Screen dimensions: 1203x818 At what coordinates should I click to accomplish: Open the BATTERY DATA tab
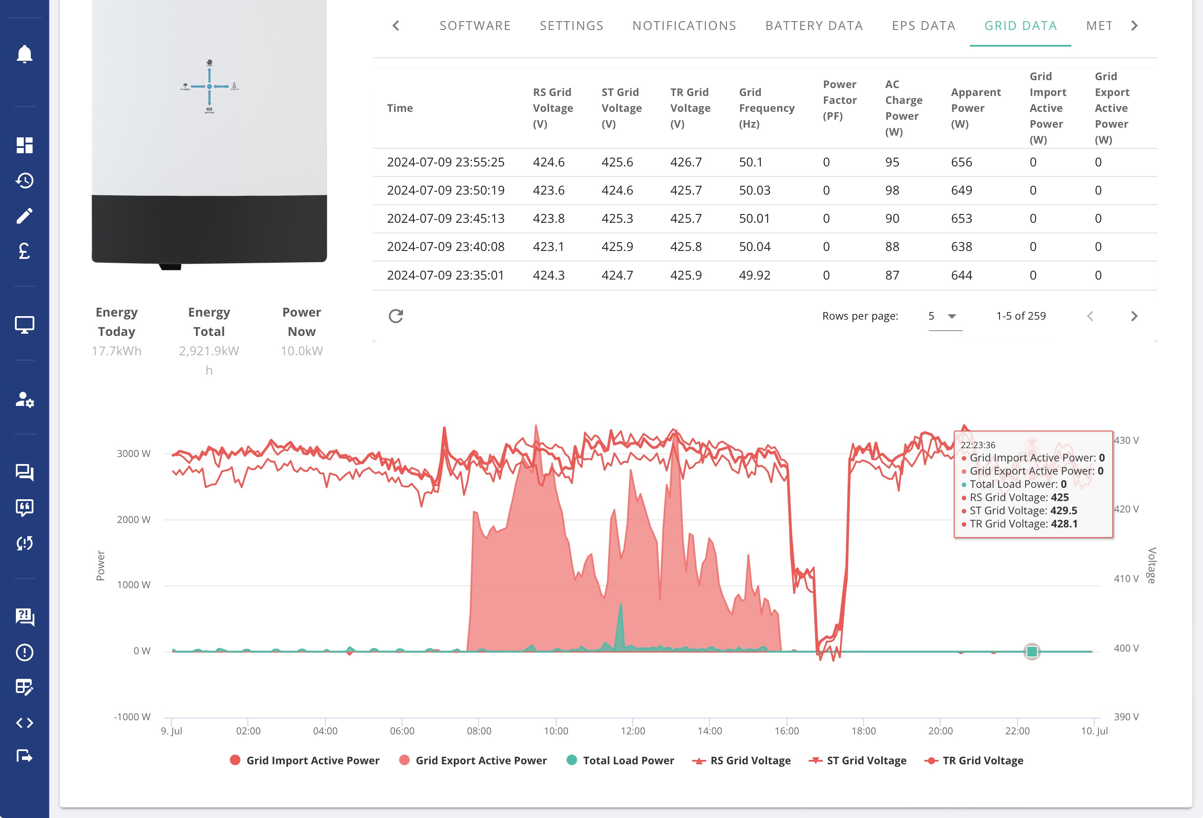(x=814, y=26)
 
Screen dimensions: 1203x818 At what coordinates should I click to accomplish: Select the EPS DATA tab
(x=923, y=26)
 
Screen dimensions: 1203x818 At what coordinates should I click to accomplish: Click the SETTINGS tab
(x=572, y=26)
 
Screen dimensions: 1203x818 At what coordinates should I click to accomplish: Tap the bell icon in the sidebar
(x=24, y=54)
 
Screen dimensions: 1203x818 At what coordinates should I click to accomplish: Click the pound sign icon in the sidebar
(x=24, y=251)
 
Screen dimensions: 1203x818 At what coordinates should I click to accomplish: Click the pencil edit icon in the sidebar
(x=24, y=216)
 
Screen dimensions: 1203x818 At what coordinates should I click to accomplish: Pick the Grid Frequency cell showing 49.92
(x=754, y=275)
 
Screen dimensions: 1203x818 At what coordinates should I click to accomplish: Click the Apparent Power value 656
(x=961, y=162)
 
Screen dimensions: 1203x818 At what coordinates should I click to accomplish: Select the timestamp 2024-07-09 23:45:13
(x=445, y=219)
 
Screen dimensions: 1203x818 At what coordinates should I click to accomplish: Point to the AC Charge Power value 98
(x=892, y=190)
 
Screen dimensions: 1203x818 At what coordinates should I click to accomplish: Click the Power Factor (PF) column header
(x=840, y=100)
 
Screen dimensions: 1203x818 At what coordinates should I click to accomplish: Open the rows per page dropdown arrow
(x=952, y=316)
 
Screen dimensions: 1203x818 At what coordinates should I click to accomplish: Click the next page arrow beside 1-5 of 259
(x=1133, y=316)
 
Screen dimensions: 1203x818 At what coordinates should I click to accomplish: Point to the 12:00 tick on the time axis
(x=633, y=730)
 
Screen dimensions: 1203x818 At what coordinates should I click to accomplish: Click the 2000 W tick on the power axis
(x=133, y=520)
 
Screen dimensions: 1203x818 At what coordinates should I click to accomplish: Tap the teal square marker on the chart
(x=1032, y=652)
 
